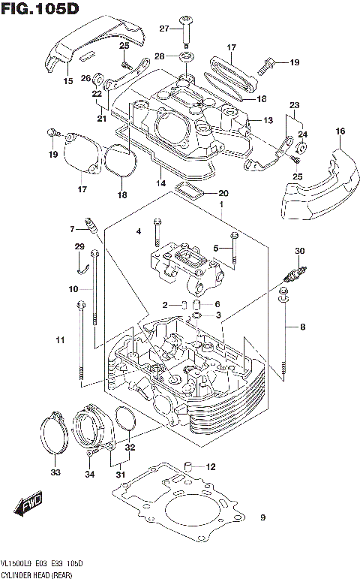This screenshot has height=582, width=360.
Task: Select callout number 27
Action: pos(164,29)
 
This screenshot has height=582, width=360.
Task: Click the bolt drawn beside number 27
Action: pos(184,26)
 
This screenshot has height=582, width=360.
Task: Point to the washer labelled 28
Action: pos(184,56)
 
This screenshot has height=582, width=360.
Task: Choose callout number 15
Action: pos(67,80)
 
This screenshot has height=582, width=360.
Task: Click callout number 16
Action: pos(340,131)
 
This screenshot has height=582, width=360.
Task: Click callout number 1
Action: pos(221,204)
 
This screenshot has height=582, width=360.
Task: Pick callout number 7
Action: pos(74,229)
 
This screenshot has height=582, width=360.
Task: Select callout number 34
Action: pos(89,473)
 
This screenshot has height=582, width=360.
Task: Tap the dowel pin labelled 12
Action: pos(189,467)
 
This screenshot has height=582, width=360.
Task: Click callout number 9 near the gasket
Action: pos(262,517)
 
